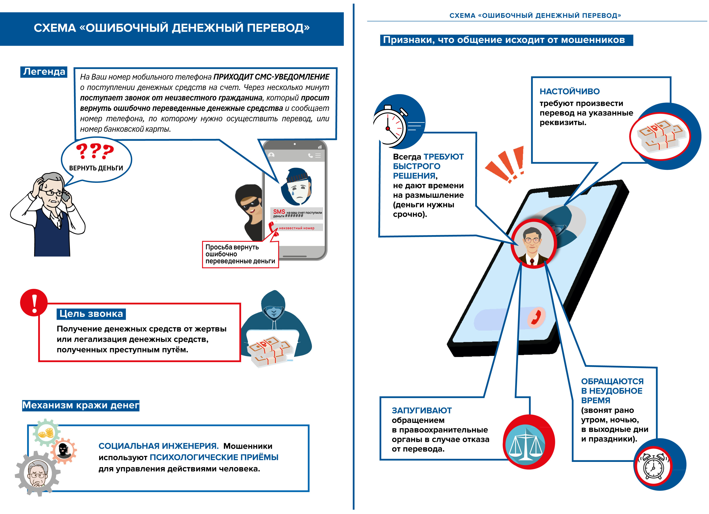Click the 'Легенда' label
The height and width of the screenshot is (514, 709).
(44, 72)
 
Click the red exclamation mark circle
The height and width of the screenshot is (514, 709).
(34, 302)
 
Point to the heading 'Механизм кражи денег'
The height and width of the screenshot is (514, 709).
(81, 405)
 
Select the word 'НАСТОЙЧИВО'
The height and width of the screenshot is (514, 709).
(570, 92)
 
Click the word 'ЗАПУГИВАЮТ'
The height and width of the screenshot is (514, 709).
(421, 410)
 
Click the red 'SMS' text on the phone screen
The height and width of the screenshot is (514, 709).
(279, 212)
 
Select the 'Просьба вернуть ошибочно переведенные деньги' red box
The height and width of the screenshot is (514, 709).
(240, 254)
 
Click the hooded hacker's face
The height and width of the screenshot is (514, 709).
(273, 312)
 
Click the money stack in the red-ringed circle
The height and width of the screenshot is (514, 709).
(660, 137)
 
